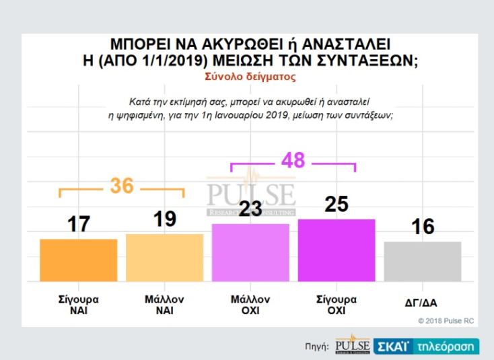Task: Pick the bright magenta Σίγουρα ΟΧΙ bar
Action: point(337,250)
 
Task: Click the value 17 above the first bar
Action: point(79,224)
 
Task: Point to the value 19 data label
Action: point(164,219)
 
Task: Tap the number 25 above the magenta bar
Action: point(337,204)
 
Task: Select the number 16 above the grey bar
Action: point(423,227)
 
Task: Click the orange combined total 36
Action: point(122,186)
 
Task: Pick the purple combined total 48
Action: point(293,160)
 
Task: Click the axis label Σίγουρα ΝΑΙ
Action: point(79,305)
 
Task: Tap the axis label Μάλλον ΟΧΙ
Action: point(250,305)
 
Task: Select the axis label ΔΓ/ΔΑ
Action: point(423,303)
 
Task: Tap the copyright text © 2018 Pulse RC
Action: point(446,321)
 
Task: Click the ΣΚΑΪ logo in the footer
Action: point(392,345)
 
